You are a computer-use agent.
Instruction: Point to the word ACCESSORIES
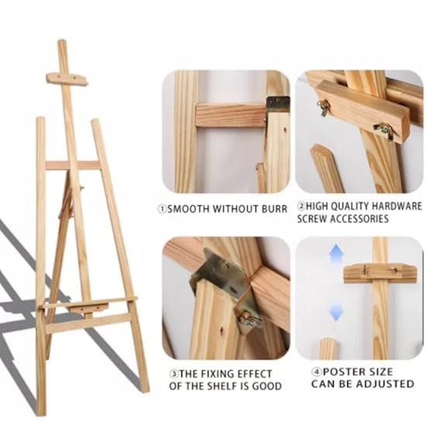[361, 219]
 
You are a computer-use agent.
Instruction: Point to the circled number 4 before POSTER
[317, 372]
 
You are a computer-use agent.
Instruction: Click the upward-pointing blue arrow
[335, 256]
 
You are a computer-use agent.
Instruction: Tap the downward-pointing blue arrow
[335, 310]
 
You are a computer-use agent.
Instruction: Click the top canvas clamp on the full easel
[66, 78]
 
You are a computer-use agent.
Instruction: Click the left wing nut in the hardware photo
[323, 106]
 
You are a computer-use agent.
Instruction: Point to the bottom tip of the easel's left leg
[41, 411]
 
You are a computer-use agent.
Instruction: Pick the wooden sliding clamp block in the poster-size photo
[380, 272]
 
